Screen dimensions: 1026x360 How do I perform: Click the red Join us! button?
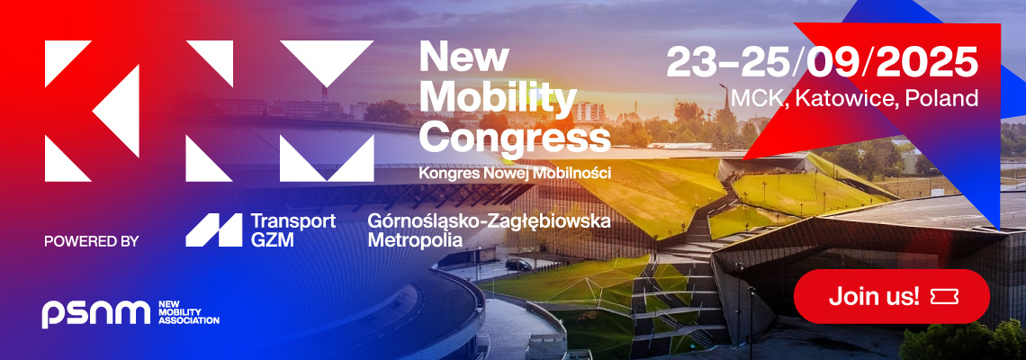[x=891, y=296]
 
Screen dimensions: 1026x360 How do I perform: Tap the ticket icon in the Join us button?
[x=944, y=296]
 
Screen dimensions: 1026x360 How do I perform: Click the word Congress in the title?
[x=514, y=138]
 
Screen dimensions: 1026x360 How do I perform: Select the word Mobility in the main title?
[x=498, y=97]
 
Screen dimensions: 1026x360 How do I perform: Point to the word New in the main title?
[x=463, y=57]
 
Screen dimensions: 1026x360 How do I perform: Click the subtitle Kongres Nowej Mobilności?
[x=514, y=174]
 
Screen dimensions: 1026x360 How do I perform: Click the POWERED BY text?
[x=92, y=241]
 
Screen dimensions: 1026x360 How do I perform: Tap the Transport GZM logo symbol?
[x=213, y=229]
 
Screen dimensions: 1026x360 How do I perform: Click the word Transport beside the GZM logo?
[x=293, y=221]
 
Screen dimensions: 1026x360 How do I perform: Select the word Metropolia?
[x=415, y=239]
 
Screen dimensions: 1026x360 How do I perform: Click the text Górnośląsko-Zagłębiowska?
[x=489, y=221]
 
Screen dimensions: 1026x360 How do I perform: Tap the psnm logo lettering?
[x=96, y=313]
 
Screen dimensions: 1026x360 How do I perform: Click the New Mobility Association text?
[x=188, y=313]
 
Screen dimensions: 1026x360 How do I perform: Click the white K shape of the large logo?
[x=92, y=112]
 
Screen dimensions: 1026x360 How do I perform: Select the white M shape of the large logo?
[x=327, y=112]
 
